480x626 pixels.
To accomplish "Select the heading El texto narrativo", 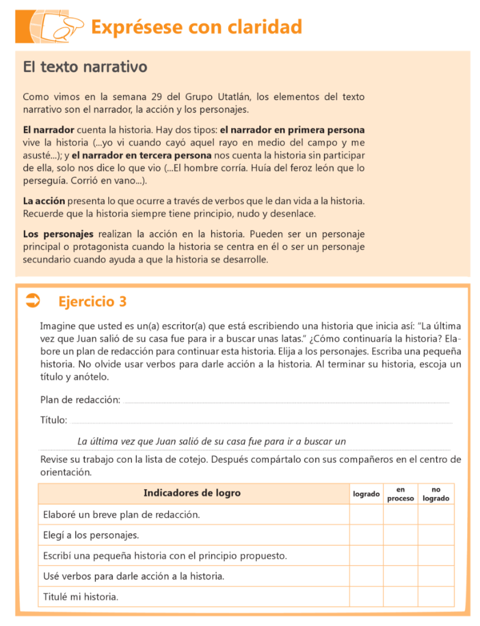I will pyautogui.click(x=85, y=67).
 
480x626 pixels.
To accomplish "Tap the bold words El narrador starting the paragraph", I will pyautogui.click(x=48, y=130).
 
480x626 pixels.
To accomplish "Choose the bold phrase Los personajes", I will pyautogui.click(x=58, y=234).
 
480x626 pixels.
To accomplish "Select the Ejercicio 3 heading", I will pyautogui.click(x=92, y=301).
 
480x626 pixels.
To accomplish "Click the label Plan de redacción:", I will pyautogui.click(x=79, y=400).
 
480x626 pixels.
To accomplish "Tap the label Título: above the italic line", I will pyautogui.click(x=54, y=420).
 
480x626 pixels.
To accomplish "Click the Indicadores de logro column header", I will pyautogui.click(x=192, y=493).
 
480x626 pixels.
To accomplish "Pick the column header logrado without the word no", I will pyautogui.click(x=366, y=494).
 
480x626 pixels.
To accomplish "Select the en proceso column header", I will pyautogui.click(x=401, y=494).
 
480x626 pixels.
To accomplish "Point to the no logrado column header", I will pyautogui.click(x=436, y=494).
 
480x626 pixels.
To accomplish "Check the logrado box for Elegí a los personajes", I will pyautogui.click(x=366, y=536).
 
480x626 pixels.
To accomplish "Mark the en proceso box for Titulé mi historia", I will pyautogui.click(x=401, y=597).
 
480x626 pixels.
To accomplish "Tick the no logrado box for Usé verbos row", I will pyautogui.click(x=436, y=576).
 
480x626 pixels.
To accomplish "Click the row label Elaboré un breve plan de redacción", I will pyautogui.click(x=122, y=515).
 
